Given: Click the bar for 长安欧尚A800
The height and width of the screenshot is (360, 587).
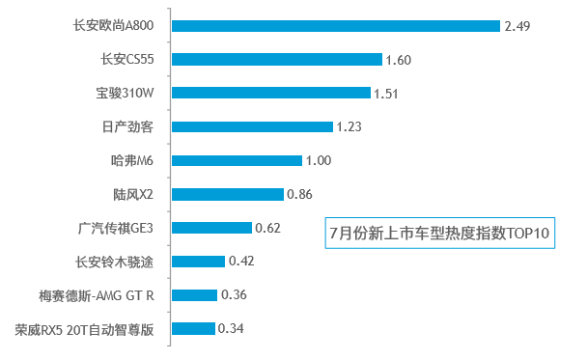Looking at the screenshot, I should pyautogui.click(x=336, y=26).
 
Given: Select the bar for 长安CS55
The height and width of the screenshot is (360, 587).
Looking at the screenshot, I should pyautogui.click(x=277, y=60).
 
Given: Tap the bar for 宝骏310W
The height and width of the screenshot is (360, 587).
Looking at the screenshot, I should pyautogui.click(x=271, y=94).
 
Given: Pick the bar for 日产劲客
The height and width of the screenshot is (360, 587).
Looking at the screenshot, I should pyautogui.click(x=253, y=126).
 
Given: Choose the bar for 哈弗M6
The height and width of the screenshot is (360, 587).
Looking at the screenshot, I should pyautogui.click(x=238, y=160).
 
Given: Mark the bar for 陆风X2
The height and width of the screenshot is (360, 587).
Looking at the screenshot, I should pyautogui.click(x=228, y=194).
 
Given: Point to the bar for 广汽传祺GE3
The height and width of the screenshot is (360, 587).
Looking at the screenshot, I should pyautogui.click(x=212, y=228).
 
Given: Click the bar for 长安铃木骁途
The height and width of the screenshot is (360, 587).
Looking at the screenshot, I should pyautogui.click(x=199, y=261).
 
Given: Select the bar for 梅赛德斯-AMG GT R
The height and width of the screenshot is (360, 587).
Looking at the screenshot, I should pyautogui.click(x=195, y=294).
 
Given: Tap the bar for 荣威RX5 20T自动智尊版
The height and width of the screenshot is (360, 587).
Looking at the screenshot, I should pyautogui.click(x=194, y=328).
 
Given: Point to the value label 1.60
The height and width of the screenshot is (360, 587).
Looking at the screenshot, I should pyautogui.click(x=398, y=60).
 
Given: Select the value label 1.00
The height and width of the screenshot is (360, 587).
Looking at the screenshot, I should pyautogui.click(x=318, y=160).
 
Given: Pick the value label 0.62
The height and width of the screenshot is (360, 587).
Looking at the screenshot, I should pyautogui.click(x=267, y=228).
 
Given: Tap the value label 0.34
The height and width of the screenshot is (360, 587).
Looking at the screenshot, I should pyautogui.click(x=231, y=328).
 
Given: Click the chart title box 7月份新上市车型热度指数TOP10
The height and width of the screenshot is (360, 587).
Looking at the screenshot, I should pyautogui.click(x=439, y=234).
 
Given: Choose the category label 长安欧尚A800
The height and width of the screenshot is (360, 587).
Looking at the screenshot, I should pyautogui.click(x=121, y=26).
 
